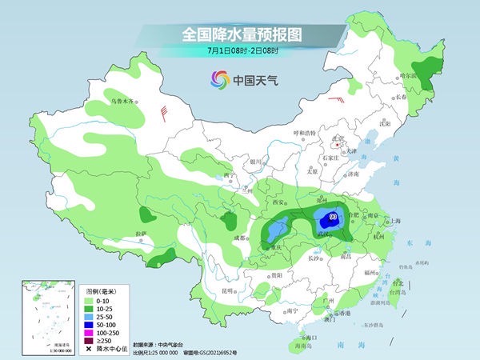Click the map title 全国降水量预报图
coord(239,34)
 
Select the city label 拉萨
coord(141,234)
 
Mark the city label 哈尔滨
coord(409,74)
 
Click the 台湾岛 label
coord(397,294)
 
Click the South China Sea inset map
coord(47,316)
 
